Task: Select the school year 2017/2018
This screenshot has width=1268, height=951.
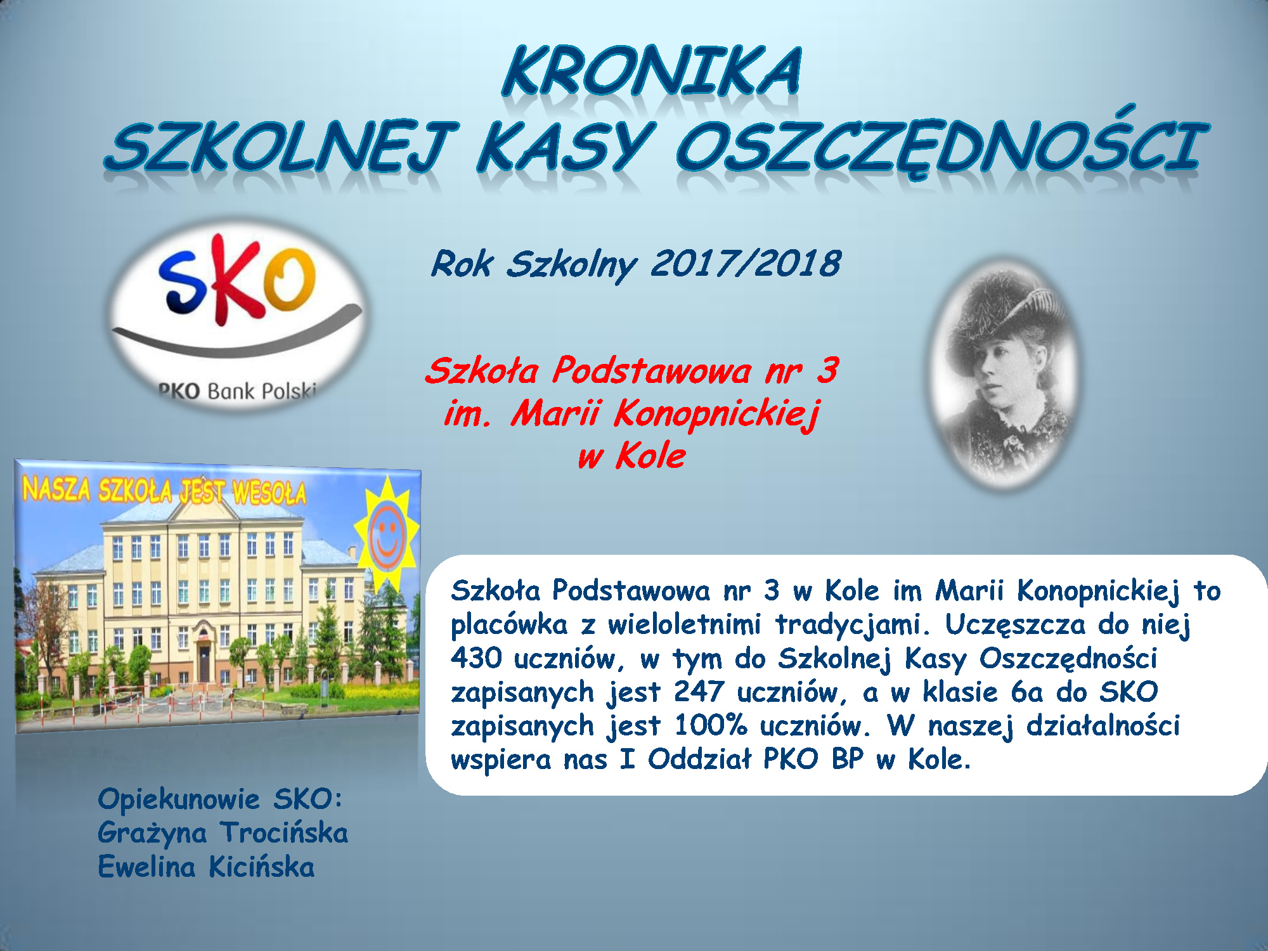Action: tap(746, 264)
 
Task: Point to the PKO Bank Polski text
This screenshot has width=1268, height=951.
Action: tap(237, 391)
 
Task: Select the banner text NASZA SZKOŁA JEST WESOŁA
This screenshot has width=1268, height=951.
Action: tap(164, 491)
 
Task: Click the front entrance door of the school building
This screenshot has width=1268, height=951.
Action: tap(204, 663)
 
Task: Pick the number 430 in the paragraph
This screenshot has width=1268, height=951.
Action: tap(476, 658)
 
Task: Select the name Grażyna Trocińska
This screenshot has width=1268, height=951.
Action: tap(223, 833)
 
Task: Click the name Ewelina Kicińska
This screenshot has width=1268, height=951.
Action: tap(206, 867)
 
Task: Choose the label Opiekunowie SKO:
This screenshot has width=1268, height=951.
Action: tap(220, 799)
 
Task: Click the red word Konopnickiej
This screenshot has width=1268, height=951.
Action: tap(716, 415)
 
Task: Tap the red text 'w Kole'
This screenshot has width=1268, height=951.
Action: tap(631, 456)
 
